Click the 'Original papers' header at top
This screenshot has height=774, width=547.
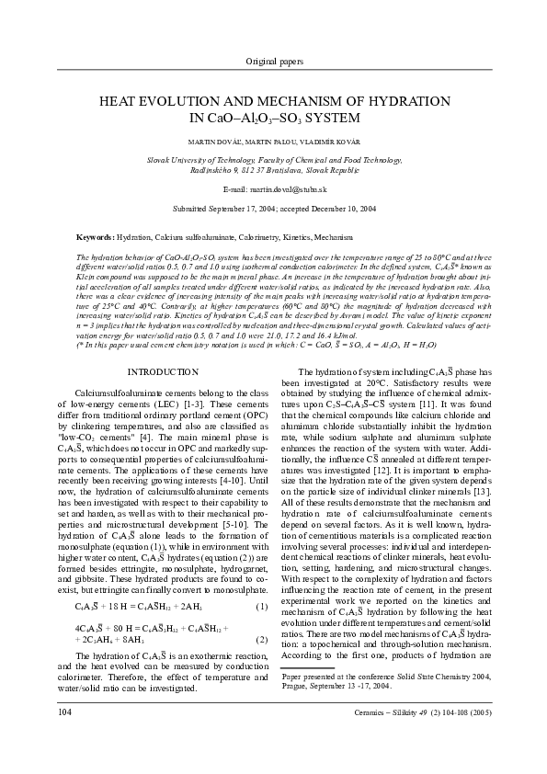point(273,62)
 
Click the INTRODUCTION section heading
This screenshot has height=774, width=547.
point(162,372)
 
